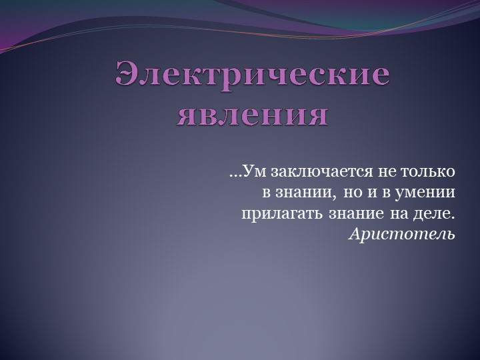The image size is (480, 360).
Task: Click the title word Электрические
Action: pyautogui.click(x=253, y=75)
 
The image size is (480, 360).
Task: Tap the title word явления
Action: pyautogui.click(x=253, y=115)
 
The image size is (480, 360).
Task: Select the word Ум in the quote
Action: pyautogui.click(x=255, y=172)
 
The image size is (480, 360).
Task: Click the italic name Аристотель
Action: pyautogui.click(x=402, y=235)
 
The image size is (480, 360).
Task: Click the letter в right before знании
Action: pyautogui.click(x=266, y=193)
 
